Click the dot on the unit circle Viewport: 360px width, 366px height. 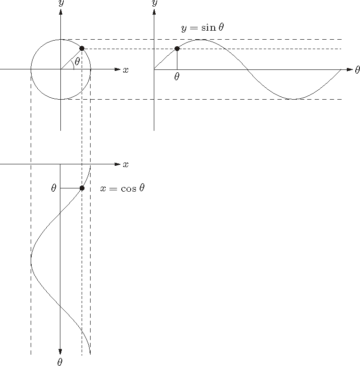point(82,48)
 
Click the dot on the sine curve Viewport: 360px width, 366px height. point(177,49)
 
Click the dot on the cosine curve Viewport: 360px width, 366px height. point(82,188)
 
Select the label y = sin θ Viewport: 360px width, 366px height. point(202,28)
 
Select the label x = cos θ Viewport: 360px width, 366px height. point(122,188)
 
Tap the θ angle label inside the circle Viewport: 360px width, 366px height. point(77,61)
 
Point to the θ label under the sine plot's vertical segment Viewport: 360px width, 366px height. point(177,77)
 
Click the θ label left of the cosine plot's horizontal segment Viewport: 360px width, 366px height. point(54,188)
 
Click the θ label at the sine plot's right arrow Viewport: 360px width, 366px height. point(357,70)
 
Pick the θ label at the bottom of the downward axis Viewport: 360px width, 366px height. point(60,362)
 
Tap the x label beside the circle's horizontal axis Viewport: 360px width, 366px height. point(126,70)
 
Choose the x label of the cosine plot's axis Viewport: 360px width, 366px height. point(126,164)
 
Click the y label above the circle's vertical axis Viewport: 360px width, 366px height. point(61,3)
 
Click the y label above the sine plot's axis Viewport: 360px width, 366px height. point(154,3)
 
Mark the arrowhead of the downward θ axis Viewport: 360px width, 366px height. point(60,352)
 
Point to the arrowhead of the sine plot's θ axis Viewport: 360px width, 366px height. point(350,69)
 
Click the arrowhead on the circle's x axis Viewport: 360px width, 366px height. point(117,69)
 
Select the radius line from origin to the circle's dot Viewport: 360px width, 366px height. point(71,59)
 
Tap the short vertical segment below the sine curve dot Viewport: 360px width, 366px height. point(177,59)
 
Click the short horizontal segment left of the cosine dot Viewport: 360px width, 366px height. point(71,188)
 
